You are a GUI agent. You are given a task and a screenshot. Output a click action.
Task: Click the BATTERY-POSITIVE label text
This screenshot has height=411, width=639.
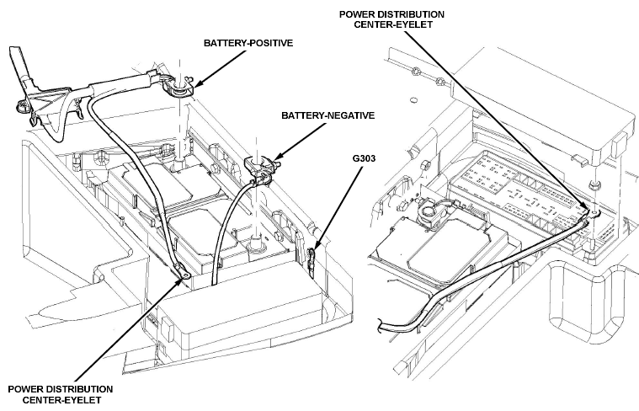tap(248, 43)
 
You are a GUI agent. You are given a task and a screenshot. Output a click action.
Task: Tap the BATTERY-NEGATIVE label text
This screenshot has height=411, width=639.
tap(327, 115)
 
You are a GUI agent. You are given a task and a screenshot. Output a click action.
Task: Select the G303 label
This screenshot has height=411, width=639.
tap(364, 157)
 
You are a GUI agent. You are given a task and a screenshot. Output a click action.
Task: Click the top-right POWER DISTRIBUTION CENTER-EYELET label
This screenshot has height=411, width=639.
tap(391, 19)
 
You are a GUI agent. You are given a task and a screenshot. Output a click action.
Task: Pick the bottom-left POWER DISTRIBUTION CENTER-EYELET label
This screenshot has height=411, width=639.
tap(61, 394)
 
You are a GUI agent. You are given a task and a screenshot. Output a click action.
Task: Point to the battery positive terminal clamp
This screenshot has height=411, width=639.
tap(178, 87)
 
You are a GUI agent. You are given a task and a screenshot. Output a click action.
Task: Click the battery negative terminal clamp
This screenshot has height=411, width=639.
tap(258, 168)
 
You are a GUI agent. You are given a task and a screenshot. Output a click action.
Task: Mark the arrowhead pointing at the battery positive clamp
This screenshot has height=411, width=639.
tap(197, 84)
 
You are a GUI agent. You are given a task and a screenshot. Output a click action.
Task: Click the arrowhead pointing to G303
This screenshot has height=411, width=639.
tap(317, 244)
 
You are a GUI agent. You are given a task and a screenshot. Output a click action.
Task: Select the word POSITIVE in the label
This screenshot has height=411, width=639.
tap(272, 43)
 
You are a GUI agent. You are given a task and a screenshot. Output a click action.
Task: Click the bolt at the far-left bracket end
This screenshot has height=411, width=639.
tap(20, 107)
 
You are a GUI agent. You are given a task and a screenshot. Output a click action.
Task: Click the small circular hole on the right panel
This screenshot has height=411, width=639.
tap(413, 100)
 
